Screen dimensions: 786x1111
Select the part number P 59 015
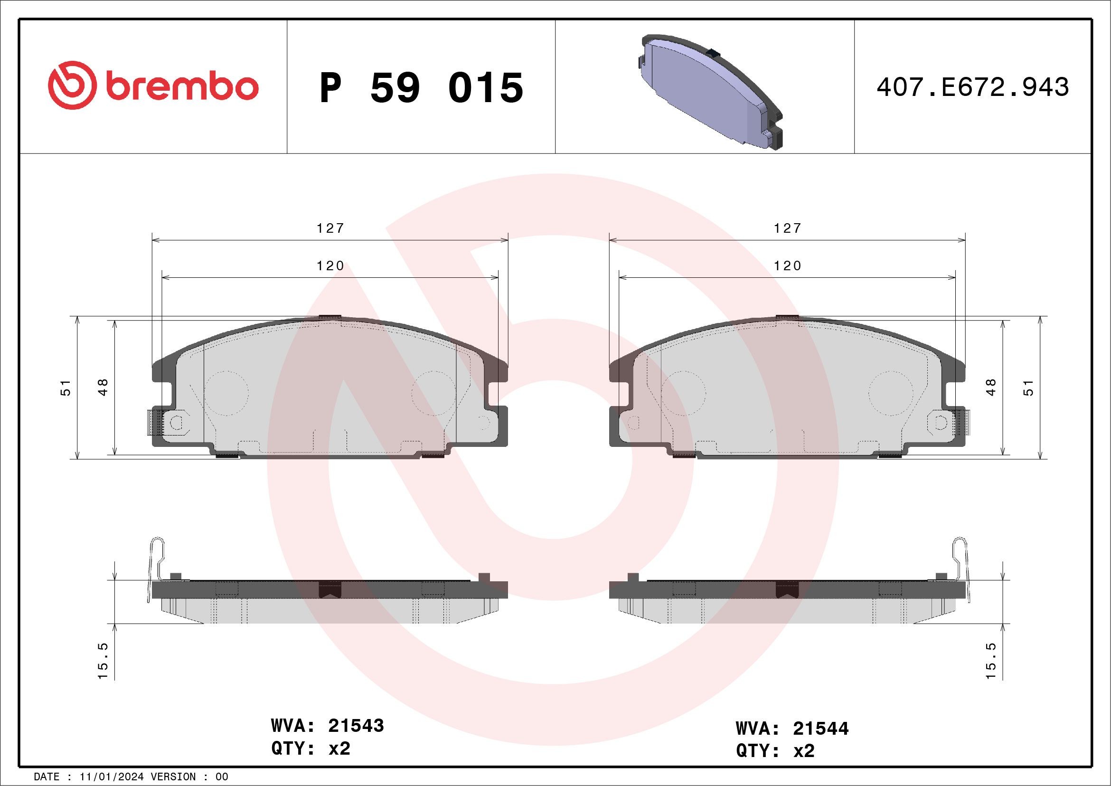(421, 87)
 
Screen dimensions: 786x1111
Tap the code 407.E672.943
(972, 87)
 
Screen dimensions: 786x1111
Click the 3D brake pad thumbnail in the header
(708, 91)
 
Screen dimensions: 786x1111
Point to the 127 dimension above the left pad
(330, 228)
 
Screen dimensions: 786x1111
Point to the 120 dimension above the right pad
(787, 265)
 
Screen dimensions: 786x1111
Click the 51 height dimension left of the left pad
(66, 388)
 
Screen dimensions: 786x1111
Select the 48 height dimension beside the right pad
(990, 388)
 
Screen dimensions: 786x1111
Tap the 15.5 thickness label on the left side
(103, 661)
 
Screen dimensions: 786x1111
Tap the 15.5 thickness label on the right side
(990, 661)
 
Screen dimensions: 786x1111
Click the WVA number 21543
(356, 726)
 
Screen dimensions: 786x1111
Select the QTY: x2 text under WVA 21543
(311, 749)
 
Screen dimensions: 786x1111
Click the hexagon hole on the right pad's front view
(940, 423)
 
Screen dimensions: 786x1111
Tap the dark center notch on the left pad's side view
(330, 589)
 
